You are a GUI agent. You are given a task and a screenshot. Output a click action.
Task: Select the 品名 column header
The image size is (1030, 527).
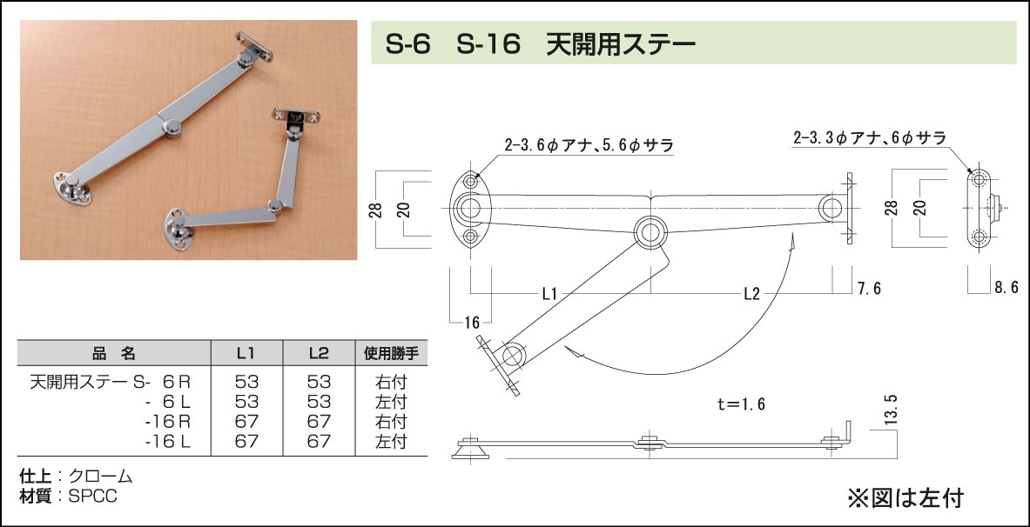click(114, 353)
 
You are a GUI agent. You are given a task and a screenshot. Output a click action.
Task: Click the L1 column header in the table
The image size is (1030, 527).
click(246, 353)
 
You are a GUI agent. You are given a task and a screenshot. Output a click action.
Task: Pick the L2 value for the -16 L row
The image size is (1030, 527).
click(319, 441)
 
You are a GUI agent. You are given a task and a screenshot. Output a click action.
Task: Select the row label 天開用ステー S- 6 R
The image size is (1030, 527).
click(111, 381)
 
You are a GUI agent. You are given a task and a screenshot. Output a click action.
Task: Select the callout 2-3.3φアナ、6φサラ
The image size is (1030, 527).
click(869, 137)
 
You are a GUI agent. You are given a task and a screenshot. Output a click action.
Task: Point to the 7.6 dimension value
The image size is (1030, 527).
click(868, 289)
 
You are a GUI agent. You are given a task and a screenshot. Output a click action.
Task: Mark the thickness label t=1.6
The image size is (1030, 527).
click(742, 404)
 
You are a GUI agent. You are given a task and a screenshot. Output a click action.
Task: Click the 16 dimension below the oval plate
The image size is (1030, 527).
click(473, 323)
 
